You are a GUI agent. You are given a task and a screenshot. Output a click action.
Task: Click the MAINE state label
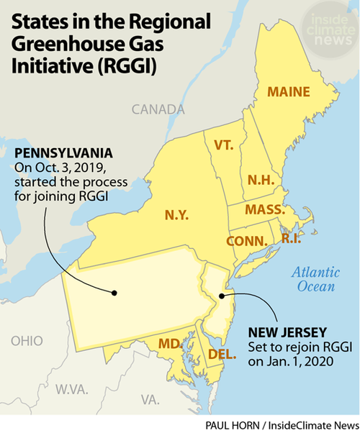(x=288, y=92)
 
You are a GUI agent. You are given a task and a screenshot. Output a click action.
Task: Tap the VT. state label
(x=225, y=145)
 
